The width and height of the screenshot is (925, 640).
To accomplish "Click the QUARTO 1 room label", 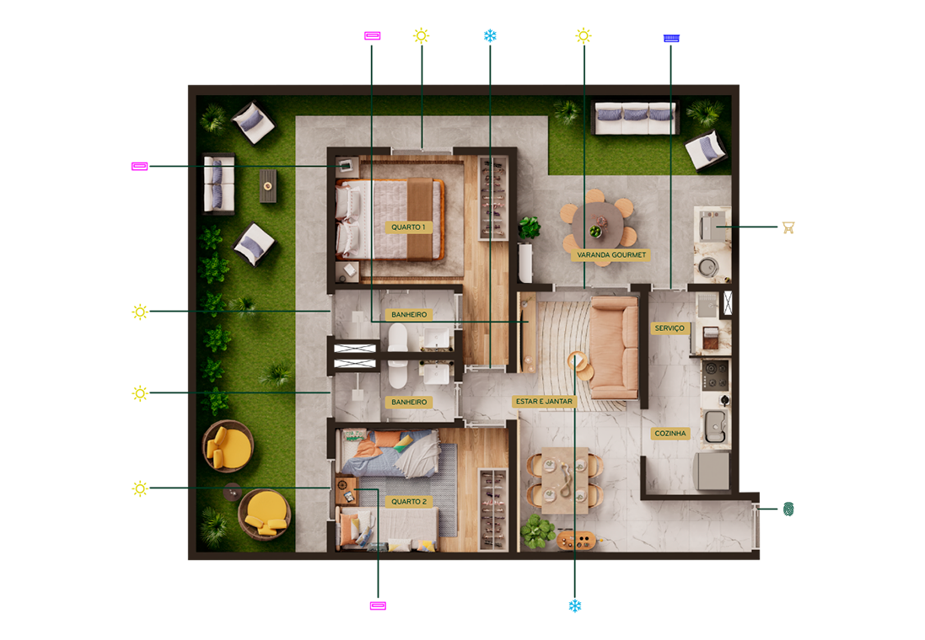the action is click(408, 227).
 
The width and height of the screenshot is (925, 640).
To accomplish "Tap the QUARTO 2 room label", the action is click(409, 502).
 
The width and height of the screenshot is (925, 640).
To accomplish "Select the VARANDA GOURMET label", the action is click(611, 255).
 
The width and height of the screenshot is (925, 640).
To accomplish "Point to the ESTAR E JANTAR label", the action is click(544, 402).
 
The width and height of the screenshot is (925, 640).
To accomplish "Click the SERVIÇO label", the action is click(670, 328).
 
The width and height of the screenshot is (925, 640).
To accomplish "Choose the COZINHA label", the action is click(670, 433).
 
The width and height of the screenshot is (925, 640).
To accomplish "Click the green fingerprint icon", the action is click(788, 509).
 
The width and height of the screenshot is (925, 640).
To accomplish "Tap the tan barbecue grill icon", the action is click(788, 227).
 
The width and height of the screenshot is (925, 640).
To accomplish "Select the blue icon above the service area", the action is click(671, 38).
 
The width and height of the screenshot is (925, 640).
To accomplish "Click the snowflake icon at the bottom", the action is click(575, 605).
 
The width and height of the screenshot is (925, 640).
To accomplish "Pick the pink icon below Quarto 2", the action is click(378, 605).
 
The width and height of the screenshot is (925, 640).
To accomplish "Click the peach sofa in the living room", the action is click(614, 348).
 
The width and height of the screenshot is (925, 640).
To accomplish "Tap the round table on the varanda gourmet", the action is click(598, 226).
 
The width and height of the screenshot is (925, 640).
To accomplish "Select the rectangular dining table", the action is click(565, 480).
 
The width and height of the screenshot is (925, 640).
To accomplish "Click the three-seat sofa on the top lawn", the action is click(634, 117).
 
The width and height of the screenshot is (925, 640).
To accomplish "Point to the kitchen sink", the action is click(715, 426).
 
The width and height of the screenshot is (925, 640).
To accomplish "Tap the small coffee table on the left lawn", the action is click(268, 186).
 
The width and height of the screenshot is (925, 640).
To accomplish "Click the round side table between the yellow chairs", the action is click(233, 491).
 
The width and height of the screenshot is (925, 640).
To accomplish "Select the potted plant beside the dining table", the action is click(538, 531).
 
